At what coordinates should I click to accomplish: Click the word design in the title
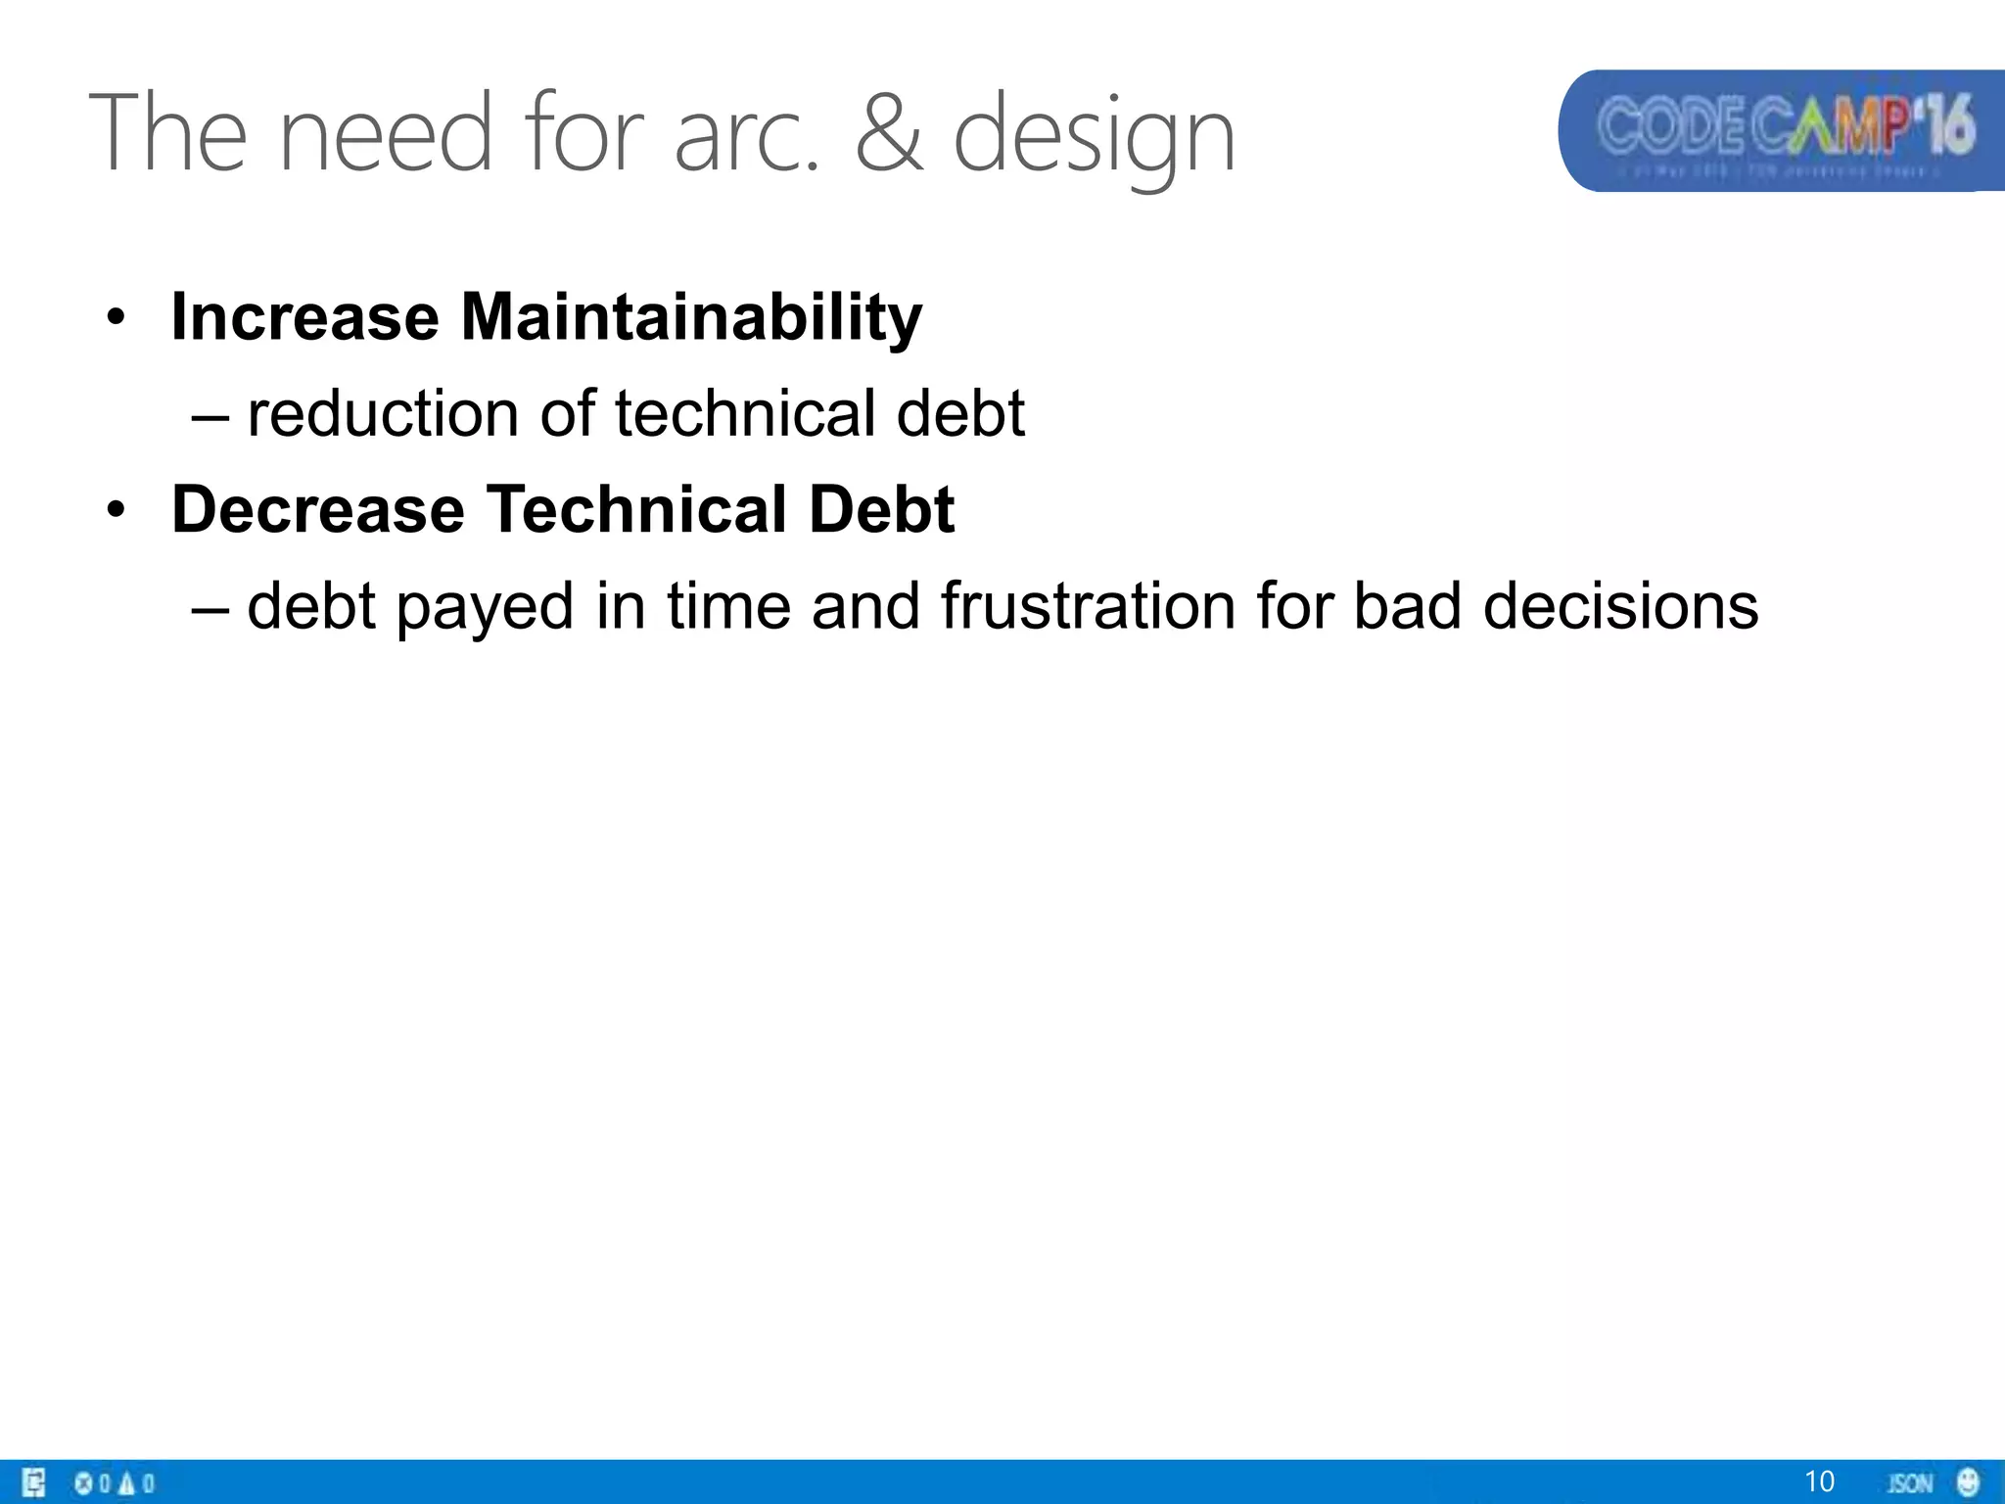click(x=1094, y=137)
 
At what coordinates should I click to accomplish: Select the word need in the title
click(x=385, y=132)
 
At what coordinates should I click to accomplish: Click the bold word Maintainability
click(x=691, y=317)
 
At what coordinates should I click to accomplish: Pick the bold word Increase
click(x=304, y=317)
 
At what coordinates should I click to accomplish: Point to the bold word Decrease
click(x=318, y=509)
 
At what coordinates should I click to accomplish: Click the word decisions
click(x=1620, y=605)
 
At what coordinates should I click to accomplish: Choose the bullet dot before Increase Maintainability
click(x=117, y=318)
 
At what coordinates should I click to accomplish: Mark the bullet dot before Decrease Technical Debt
click(x=117, y=510)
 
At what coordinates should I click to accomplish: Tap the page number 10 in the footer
click(x=1819, y=1481)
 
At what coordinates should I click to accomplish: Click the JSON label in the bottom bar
click(x=1910, y=1482)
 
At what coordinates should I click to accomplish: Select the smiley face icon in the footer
click(x=1968, y=1481)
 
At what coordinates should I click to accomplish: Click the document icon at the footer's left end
click(x=34, y=1482)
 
